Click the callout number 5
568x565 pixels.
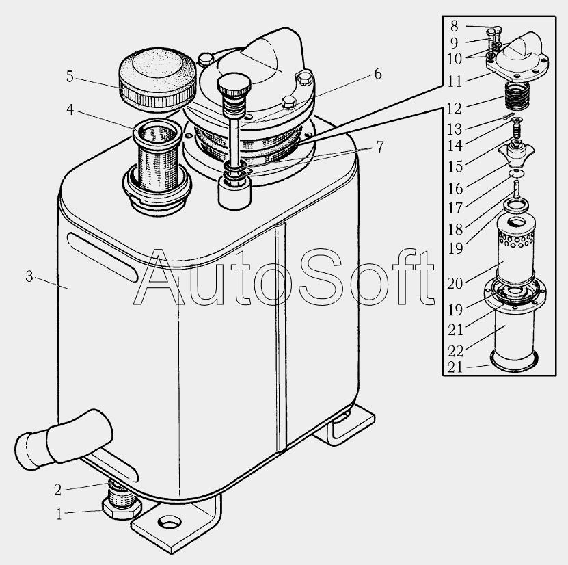point(70,77)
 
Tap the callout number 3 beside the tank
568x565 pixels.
point(29,276)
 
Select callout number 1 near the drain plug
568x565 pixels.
point(59,514)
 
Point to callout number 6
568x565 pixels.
point(378,74)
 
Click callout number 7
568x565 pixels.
point(379,147)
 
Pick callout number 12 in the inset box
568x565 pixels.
point(455,108)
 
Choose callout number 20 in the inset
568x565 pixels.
point(455,283)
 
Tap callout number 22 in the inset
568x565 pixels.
point(455,351)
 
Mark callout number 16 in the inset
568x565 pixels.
point(455,189)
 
